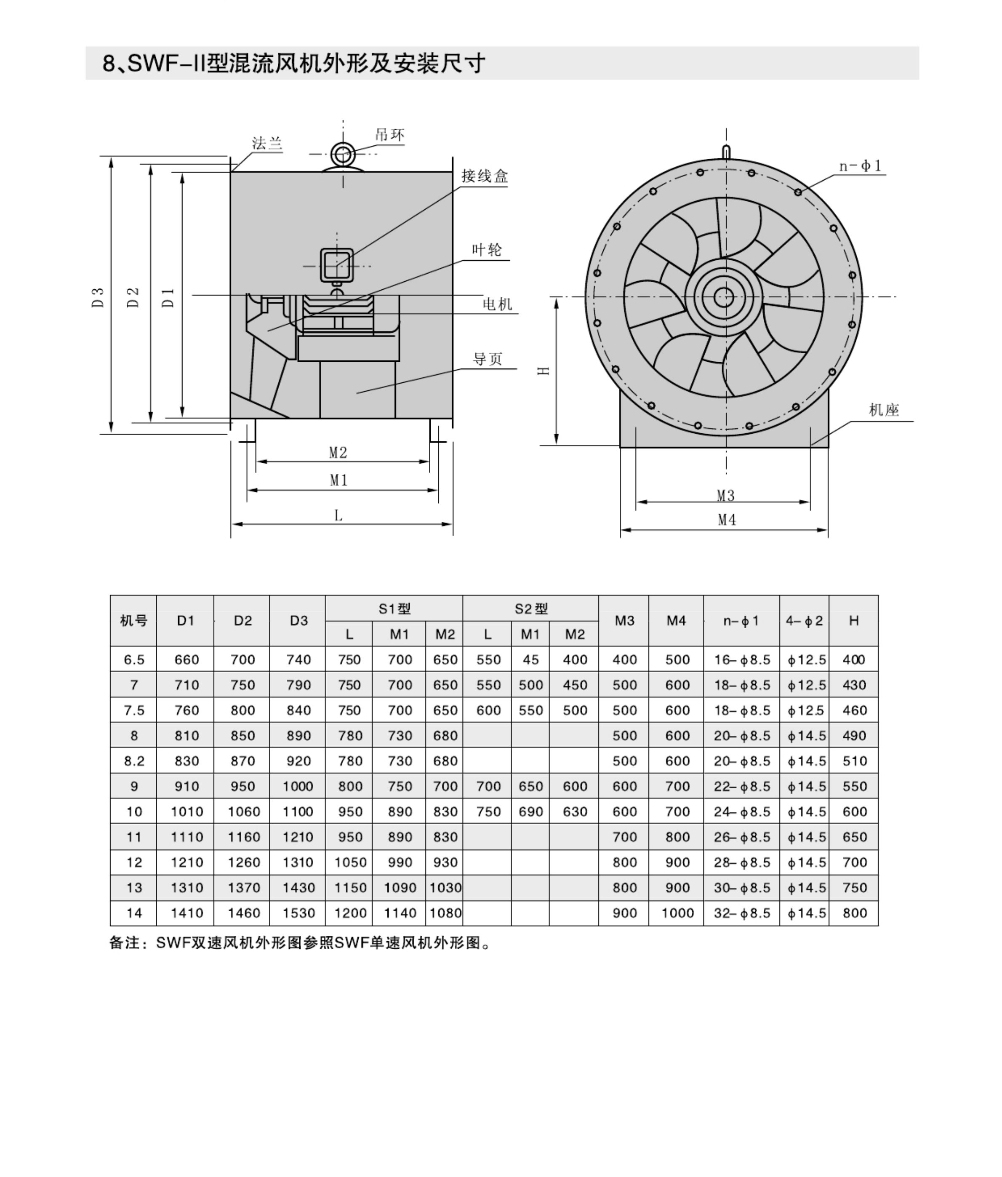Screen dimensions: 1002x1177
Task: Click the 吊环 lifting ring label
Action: pos(390,135)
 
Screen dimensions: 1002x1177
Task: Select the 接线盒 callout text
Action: pos(485,176)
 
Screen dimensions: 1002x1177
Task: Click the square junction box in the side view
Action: pos(337,265)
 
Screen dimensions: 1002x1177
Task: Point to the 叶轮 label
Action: pos(487,250)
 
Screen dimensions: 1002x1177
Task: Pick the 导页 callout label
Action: pos(488,359)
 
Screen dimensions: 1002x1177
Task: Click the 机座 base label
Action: pos(884,410)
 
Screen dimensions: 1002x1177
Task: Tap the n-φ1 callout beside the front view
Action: pos(861,166)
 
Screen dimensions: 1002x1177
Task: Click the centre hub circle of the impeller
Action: pos(723,296)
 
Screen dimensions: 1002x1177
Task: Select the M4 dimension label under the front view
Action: pos(727,520)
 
